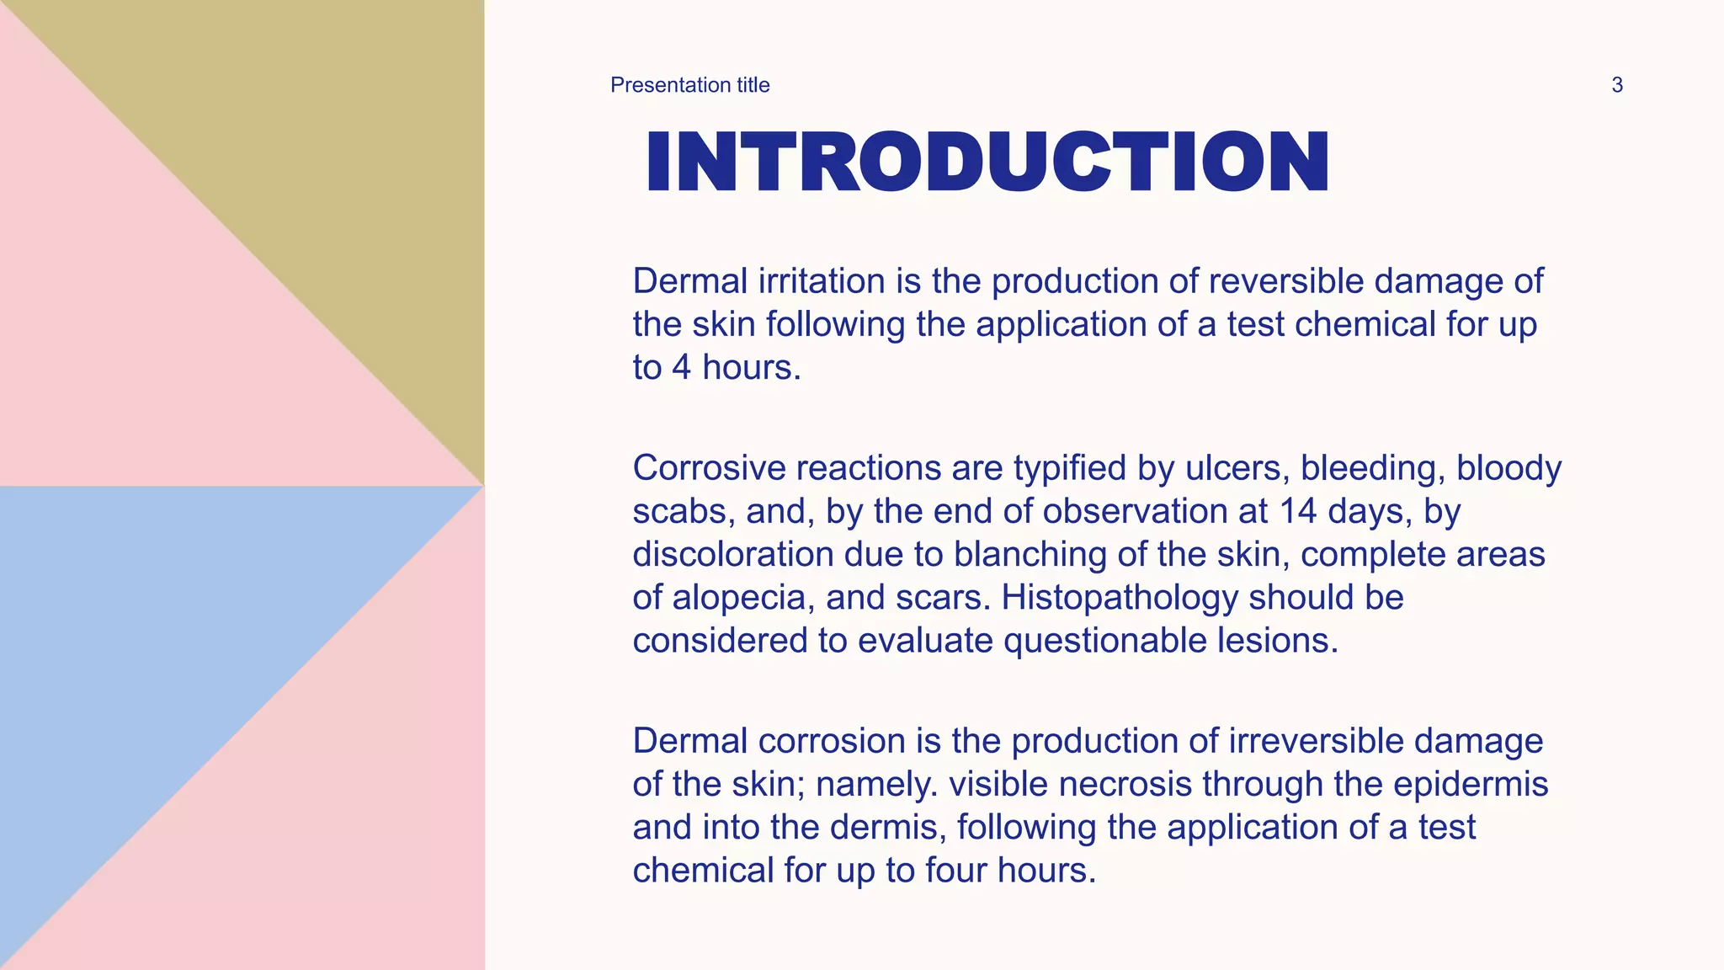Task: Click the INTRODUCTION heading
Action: (987, 162)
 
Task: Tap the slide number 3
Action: (1616, 85)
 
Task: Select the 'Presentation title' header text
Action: (689, 85)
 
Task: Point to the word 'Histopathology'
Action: (1119, 598)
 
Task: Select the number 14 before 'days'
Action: (1297, 511)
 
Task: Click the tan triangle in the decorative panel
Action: (337, 152)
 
